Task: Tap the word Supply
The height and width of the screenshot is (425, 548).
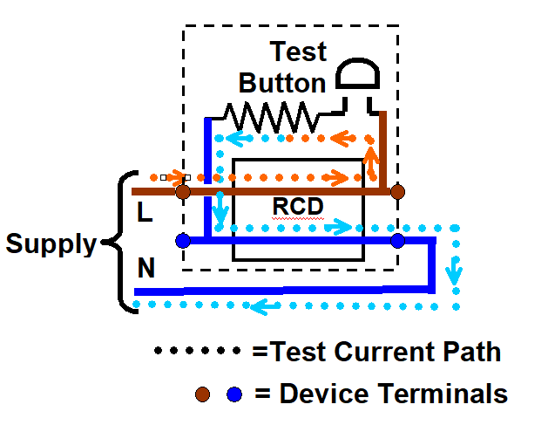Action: click(51, 243)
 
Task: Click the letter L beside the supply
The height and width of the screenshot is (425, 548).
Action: click(145, 211)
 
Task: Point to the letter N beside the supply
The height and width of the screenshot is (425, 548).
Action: click(146, 269)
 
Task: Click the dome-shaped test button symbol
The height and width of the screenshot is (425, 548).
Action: click(358, 77)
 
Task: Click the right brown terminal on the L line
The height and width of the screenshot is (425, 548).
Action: click(397, 190)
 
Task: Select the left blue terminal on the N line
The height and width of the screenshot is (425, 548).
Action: click(182, 239)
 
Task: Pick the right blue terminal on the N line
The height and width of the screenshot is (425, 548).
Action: click(397, 239)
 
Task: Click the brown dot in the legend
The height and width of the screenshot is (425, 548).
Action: click(203, 394)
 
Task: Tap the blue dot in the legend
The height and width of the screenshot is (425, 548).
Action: click(233, 394)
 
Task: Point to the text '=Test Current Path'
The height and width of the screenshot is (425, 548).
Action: click(376, 352)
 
